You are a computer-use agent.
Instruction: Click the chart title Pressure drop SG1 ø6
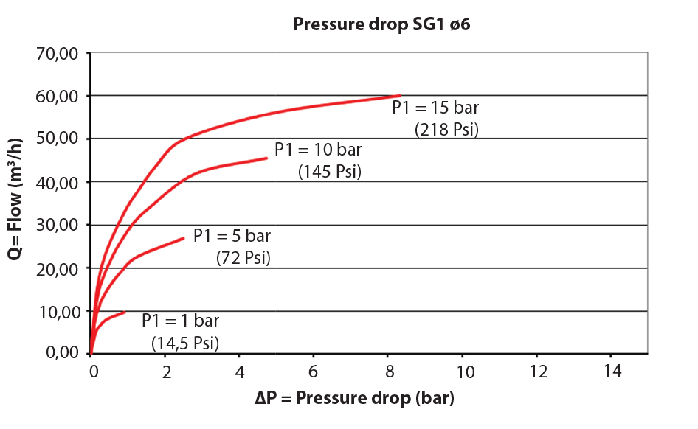tap(381, 24)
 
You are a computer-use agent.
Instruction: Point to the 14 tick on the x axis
tap(611, 371)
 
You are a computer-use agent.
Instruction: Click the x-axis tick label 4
tap(239, 371)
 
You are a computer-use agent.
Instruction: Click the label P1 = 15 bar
tap(435, 108)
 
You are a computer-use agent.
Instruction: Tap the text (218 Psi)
tap(447, 130)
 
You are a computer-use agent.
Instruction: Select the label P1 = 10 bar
tap(318, 150)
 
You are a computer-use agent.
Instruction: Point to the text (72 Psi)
tap(243, 258)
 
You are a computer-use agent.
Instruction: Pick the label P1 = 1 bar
tap(181, 321)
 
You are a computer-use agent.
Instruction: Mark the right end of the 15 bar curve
tap(400, 95)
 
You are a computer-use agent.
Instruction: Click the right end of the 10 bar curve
tap(266, 158)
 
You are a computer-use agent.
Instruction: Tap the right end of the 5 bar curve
tap(184, 238)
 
